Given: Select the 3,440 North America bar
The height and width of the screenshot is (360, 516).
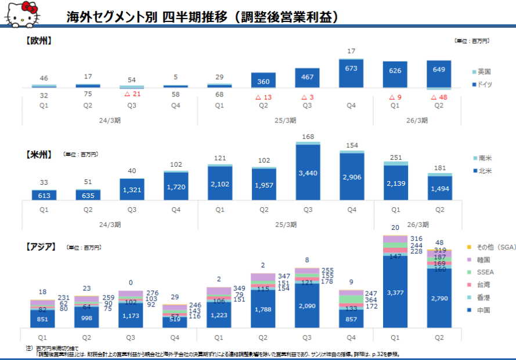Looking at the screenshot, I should (x=308, y=172).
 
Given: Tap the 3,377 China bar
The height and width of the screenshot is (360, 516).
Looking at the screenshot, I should (x=395, y=292).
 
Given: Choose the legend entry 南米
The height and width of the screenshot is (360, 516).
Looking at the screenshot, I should (x=484, y=158).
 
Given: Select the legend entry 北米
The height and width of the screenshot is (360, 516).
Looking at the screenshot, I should (x=484, y=171).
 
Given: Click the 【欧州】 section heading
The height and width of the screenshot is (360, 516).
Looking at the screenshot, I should (x=39, y=41).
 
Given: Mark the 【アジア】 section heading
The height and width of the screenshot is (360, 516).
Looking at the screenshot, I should (x=41, y=247).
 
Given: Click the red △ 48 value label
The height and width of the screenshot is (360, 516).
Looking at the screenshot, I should (x=439, y=98).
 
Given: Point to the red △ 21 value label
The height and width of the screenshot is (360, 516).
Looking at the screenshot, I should (x=132, y=94).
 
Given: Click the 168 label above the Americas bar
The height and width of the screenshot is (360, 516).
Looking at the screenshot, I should (x=308, y=137).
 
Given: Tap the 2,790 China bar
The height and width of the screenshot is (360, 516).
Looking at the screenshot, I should (x=439, y=298).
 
